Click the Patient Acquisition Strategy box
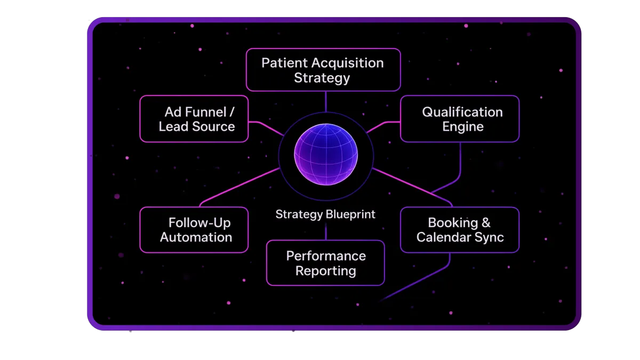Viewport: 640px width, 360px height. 323,70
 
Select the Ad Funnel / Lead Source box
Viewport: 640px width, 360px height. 194,119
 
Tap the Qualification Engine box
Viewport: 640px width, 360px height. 460,119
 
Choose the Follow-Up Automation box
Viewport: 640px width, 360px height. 194,230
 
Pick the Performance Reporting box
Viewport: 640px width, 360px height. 325,263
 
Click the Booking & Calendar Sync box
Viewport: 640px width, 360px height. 460,230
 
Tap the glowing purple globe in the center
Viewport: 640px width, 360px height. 326,155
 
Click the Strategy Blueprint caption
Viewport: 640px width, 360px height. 325,214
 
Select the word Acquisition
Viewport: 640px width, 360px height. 347,63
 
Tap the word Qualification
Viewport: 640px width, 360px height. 462,112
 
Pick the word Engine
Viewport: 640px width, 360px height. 462,127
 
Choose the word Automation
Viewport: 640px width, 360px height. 196,237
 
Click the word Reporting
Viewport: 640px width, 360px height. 326,271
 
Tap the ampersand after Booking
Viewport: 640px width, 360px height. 485,222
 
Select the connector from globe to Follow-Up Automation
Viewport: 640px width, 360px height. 240,187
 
